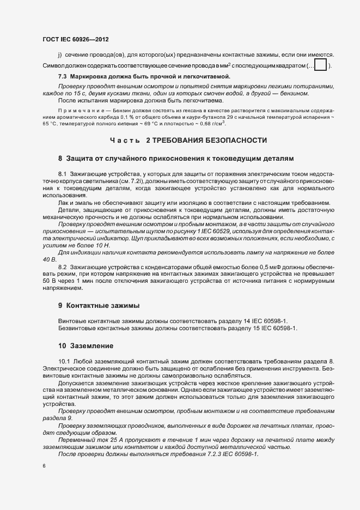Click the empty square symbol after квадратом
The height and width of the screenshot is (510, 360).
[x=321, y=66]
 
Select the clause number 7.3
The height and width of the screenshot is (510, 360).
[x=63, y=76]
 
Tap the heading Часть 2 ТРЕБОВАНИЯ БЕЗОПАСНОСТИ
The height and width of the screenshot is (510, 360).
[x=188, y=141]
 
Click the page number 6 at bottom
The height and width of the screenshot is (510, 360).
[x=43, y=466]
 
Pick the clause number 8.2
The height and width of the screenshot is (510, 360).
[x=62, y=266]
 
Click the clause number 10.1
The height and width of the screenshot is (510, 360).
[x=64, y=362]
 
